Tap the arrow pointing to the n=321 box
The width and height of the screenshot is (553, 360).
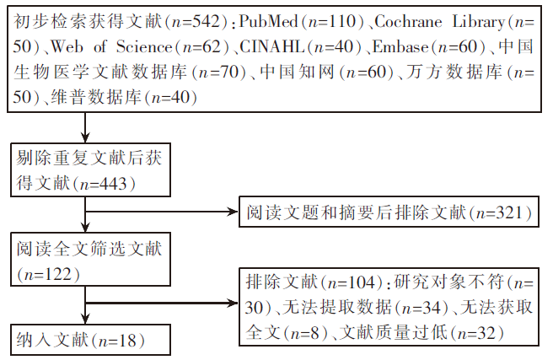228,213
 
